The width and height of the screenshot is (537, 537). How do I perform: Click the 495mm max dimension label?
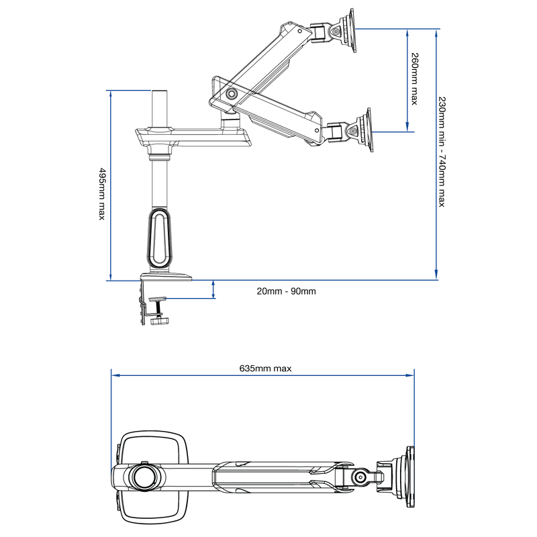[x=102, y=195]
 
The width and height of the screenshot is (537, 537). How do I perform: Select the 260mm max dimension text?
[x=414, y=79]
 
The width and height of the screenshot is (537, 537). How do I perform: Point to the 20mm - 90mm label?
[x=286, y=291]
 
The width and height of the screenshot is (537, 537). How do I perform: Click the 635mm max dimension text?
[x=265, y=368]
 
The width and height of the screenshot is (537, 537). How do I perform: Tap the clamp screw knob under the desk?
[x=159, y=320]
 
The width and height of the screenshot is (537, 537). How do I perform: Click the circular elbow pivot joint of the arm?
[x=232, y=95]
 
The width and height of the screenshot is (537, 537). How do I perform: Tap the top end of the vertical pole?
[x=159, y=91]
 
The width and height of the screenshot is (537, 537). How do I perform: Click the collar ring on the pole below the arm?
[x=159, y=158]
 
